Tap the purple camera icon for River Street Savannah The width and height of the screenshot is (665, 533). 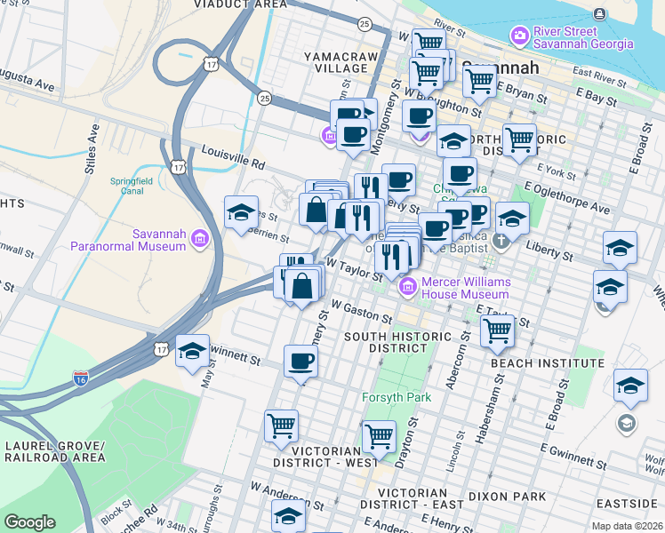pos(519,36)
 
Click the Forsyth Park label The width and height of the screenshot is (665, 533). pos(396,397)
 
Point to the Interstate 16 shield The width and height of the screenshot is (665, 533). pos(80,379)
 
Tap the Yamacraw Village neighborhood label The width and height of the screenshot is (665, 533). pos(341,62)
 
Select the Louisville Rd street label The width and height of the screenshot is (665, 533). pos(233,157)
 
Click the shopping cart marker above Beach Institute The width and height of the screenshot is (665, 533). pos(498,331)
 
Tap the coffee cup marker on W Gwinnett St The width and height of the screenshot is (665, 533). pos(300,361)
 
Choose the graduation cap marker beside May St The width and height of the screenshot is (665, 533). pos(192,352)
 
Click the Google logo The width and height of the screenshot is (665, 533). pos(29,522)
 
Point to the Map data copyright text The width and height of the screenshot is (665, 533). pos(628,526)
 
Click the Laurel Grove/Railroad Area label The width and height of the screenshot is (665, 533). pos(54,450)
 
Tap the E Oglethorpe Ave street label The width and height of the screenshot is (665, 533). pos(568,198)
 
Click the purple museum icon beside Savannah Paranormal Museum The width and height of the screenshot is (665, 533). pos(198,239)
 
